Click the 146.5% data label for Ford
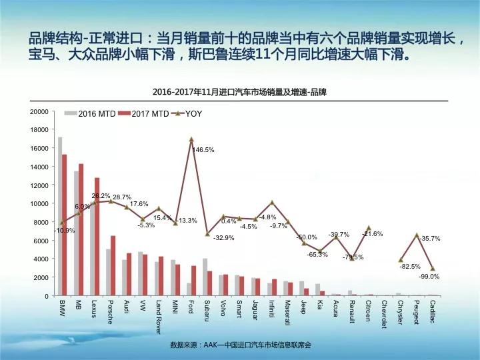[203, 150]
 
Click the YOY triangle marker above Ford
[191, 139]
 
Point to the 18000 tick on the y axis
[40, 129]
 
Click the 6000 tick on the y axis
[41, 240]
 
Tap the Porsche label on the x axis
[111, 311]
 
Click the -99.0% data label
[430, 276]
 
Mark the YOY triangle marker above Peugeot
[417, 235]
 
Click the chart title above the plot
[245, 90]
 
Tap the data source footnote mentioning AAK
[241, 345]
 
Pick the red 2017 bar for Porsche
[113, 265]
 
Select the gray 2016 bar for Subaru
[205, 277]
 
